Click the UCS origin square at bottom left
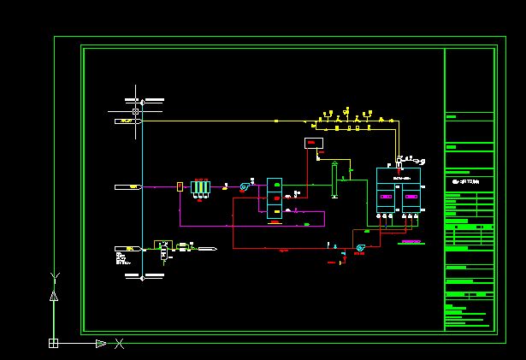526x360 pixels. pos(53,343)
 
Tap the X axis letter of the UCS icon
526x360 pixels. pos(120,344)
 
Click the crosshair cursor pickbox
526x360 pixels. pos(135,111)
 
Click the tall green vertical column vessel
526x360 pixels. pos(334,180)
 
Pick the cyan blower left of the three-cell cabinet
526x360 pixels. pos(245,185)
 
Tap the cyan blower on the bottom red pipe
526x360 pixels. pos(360,248)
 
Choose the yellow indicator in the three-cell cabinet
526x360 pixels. pos(276,211)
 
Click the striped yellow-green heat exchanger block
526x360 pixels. pos(201,186)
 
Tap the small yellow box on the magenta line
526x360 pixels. pos(180,186)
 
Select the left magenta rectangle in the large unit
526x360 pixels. pos(387,198)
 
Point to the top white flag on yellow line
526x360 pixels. pos(127,121)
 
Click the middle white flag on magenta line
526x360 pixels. pos(127,186)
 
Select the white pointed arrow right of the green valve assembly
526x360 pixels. pos(208,249)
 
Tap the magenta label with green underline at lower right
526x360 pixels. pos(411,242)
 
